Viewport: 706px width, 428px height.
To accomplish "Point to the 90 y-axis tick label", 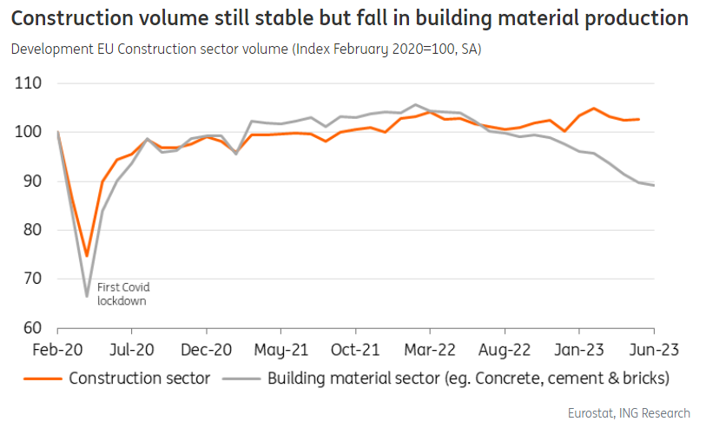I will pos(35,181).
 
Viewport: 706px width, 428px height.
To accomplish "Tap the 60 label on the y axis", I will pos(35,328).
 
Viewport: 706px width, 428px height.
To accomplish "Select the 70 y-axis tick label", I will pos(35,280).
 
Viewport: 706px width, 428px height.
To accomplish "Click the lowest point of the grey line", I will pos(87,296).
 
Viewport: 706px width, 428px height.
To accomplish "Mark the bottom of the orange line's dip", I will pos(87,255).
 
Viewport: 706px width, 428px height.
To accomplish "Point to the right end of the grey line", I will pos(653,185).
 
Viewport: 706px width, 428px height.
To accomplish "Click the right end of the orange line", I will pos(639,119).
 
